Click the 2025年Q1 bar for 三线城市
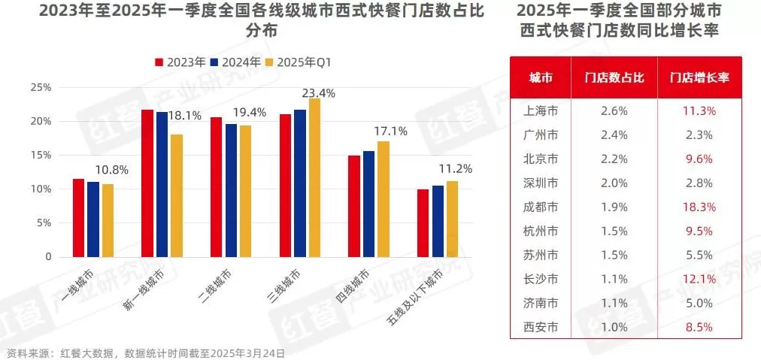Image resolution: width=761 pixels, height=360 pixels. coord(314,178)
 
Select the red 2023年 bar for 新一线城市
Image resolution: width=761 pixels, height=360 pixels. coord(147,183)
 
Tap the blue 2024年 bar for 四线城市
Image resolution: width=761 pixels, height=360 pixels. coord(368,204)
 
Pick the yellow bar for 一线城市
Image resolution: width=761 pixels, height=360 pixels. coord(108,220)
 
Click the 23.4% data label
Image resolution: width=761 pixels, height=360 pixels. coord(318,93)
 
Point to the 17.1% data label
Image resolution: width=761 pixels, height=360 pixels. coord(390,132)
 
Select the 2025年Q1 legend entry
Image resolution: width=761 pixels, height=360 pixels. coord(299,62)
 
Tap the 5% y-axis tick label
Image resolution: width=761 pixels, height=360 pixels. coord(44,223)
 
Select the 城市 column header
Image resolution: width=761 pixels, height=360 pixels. coord(541,77)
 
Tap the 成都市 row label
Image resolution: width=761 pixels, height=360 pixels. coord(541,207)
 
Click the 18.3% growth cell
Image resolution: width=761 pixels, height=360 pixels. coord(699,207)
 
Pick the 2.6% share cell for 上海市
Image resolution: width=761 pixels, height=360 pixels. coord(615,110)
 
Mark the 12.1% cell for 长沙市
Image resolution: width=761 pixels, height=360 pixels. coord(699,279)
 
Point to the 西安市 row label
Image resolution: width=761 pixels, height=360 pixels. coord(541,327)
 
